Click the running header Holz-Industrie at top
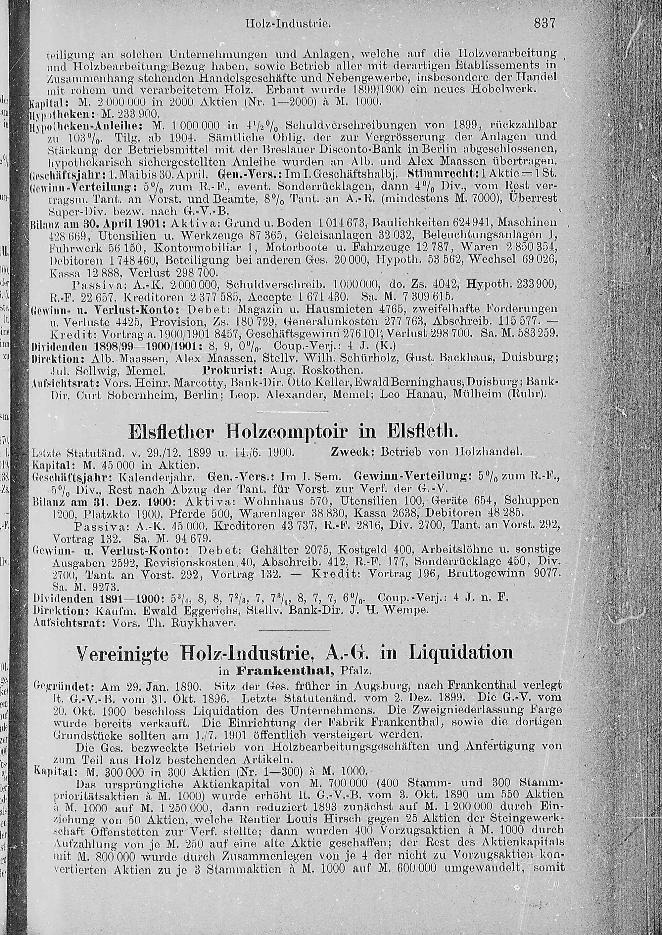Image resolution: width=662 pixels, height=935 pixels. [287, 24]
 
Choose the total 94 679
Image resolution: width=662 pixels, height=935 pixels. [192, 538]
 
